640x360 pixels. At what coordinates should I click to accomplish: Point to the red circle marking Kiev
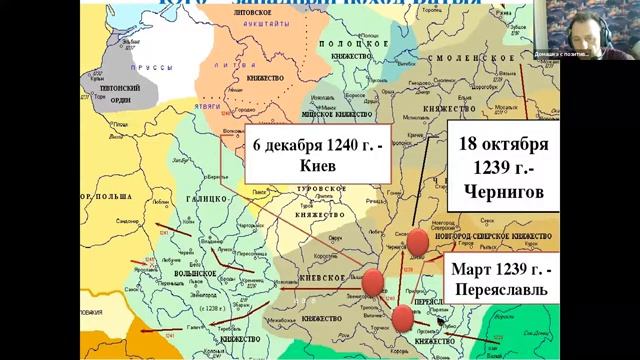point(372,283)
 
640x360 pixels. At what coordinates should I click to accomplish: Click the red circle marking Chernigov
point(416,240)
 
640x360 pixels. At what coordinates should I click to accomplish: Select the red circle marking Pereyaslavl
point(403,318)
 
